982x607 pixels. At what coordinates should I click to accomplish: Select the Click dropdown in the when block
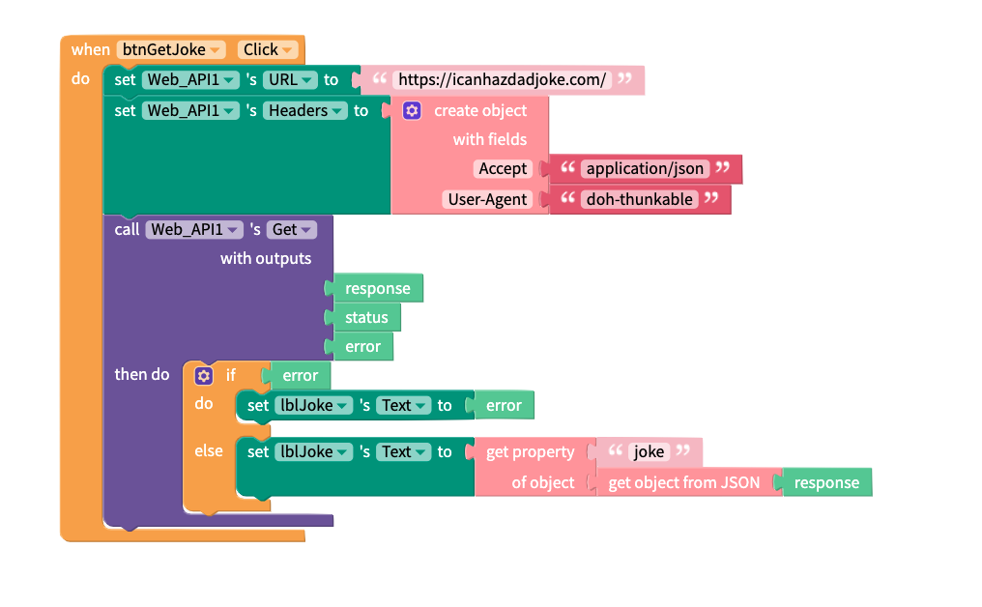click(268, 49)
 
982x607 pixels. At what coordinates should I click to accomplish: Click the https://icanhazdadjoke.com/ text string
click(502, 80)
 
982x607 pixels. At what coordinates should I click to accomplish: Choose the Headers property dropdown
click(305, 110)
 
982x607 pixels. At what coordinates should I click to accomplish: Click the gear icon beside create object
click(412, 110)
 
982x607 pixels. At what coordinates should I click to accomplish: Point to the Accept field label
click(503, 168)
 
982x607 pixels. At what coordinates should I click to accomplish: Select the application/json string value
click(645, 168)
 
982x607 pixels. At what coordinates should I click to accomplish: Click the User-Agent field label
click(488, 199)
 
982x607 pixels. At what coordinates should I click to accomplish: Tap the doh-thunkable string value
click(639, 199)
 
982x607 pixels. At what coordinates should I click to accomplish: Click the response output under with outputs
click(377, 288)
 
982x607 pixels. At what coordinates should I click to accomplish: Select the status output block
click(366, 317)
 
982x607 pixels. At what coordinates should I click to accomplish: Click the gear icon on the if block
click(203, 375)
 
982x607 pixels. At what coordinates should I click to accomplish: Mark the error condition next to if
click(300, 375)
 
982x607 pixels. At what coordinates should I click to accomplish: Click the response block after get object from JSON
click(826, 482)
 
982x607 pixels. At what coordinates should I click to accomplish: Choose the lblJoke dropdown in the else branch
click(312, 451)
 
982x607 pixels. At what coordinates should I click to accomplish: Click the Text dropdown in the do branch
click(403, 405)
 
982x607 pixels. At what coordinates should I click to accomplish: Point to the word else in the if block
click(209, 450)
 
